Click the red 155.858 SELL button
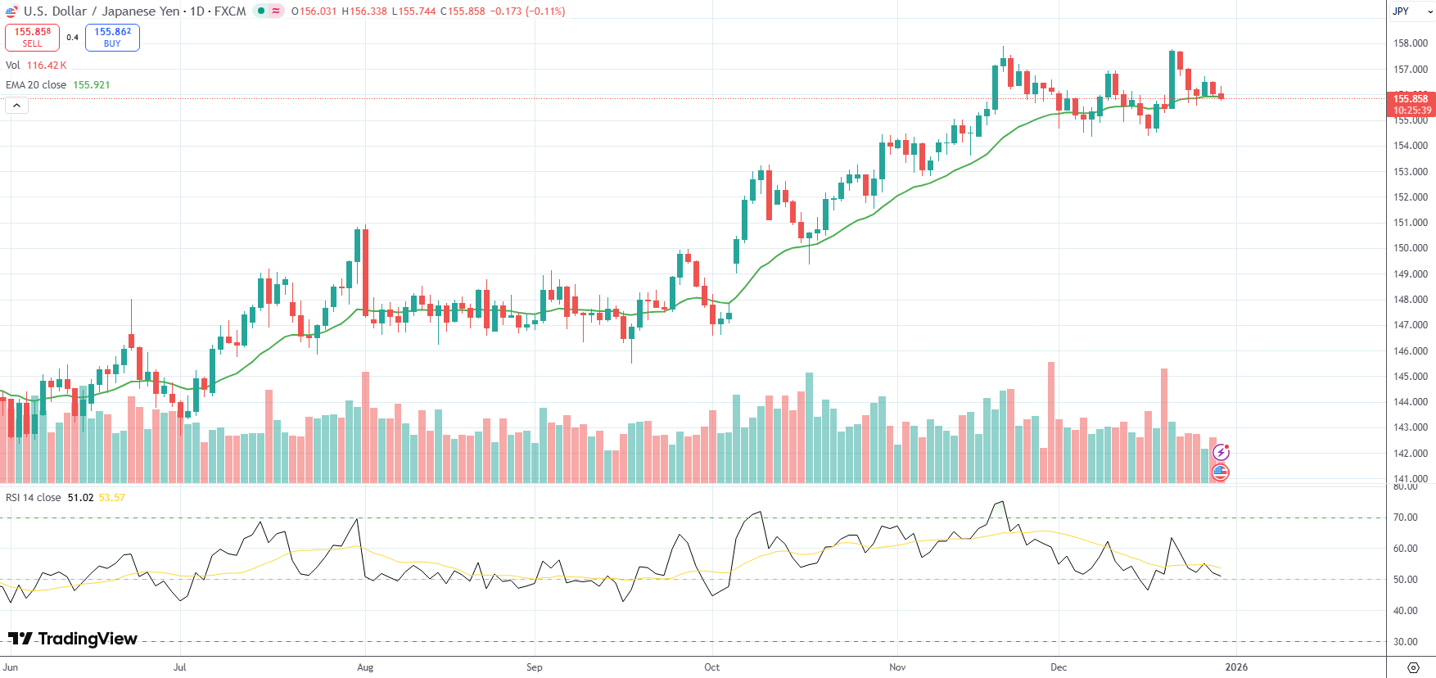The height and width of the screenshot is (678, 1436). click(32, 37)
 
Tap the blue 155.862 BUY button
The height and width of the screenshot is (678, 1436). click(112, 37)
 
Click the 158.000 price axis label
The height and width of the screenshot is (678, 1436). click(1411, 43)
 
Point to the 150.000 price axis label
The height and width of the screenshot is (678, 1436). click(1411, 248)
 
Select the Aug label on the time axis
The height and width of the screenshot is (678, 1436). click(365, 667)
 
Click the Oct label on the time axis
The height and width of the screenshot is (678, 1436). click(712, 667)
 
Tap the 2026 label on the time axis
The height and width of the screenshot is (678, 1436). click(1236, 667)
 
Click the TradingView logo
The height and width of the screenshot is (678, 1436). click(73, 639)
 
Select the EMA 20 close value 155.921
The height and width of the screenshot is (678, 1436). click(92, 85)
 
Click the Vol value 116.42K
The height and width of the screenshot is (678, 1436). click(47, 66)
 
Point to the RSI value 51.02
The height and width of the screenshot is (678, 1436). click(80, 498)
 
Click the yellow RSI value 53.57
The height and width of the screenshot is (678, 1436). click(112, 498)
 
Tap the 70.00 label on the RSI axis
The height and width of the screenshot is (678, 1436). click(1406, 518)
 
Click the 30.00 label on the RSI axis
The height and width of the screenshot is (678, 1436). click(1406, 642)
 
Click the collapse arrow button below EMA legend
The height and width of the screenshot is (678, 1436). click(16, 105)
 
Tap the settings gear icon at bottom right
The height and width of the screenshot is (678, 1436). click(1413, 667)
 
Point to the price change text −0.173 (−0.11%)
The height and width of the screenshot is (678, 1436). click(528, 11)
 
